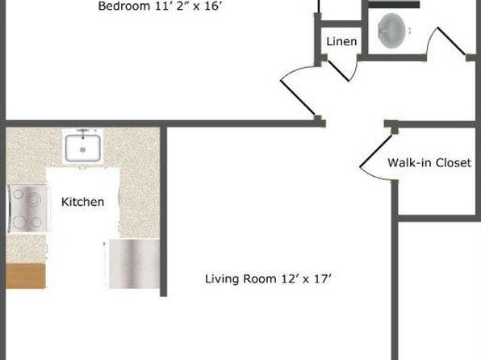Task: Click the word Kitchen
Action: (83, 202)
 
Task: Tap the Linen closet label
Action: (341, 41)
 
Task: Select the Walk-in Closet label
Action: (429, 163)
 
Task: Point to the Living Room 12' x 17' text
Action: (268, 279)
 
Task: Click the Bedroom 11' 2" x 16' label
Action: (160, 6)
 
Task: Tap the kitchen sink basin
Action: (82, 149)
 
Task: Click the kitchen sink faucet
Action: (83, 133)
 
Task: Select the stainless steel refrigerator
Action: (134, 264)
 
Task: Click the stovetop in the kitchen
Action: (27, 209)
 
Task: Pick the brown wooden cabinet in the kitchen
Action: (26, 276)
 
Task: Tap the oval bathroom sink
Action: (391, 31)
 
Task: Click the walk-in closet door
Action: (376, 152)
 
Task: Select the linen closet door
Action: (338, 71)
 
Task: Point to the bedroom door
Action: (298, 98)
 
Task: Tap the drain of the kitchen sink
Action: (82, 150)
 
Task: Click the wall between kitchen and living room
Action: (164, 211)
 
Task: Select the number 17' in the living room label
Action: (323, 279)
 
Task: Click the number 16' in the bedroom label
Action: (212, 6)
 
